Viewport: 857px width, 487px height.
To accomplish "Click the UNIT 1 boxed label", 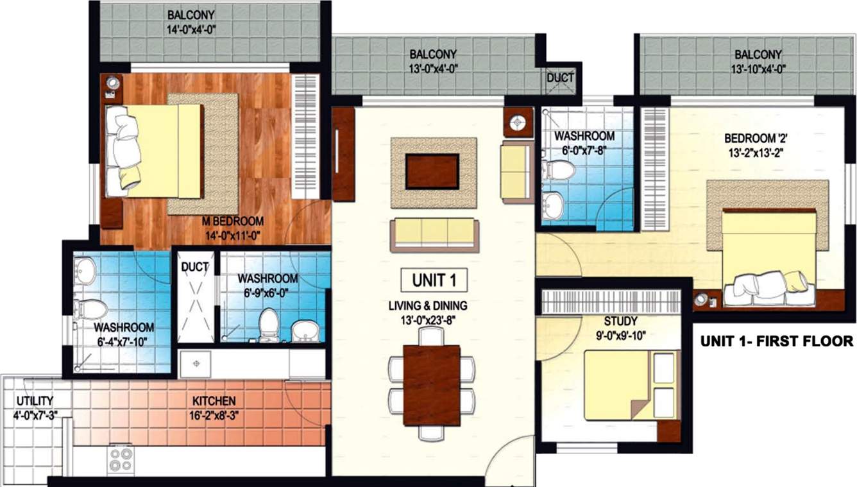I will click(434, 280).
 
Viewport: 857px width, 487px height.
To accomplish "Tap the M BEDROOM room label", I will click(232, 222).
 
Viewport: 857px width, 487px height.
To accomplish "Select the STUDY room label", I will click(620, 321).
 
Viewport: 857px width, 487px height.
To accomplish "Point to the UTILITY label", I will click(35, 401).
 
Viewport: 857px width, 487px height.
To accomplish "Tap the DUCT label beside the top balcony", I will click(560, 78).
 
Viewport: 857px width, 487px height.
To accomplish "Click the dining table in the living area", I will click(432, 385).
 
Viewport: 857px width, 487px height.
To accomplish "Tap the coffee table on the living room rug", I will click(432, 171).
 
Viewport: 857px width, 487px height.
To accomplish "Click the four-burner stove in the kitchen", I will click(120, 459).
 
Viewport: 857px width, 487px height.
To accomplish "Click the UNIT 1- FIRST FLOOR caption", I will click(776, 341).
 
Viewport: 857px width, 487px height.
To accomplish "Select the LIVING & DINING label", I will click(428, 305).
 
